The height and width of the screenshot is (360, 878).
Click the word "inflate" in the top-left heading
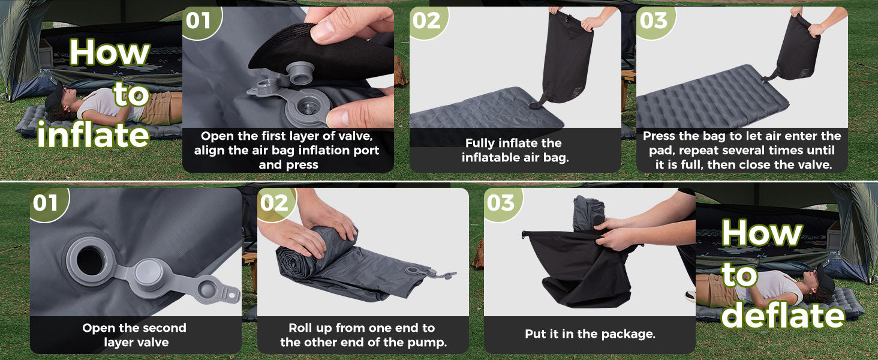[94, 134]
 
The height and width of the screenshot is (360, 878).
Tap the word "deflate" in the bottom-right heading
[783, 314]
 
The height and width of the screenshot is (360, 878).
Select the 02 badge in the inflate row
[428, 22]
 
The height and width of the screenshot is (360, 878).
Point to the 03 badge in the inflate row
[654, 22]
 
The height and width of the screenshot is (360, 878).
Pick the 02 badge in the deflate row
[275, 204]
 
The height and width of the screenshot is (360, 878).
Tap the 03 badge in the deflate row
[502, 204]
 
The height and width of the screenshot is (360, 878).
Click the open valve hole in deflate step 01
[90, 262]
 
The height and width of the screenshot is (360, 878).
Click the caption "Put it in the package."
[590, 334]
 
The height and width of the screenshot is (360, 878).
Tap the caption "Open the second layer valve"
[134, 335]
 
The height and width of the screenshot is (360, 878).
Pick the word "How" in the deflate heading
[761, 233]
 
